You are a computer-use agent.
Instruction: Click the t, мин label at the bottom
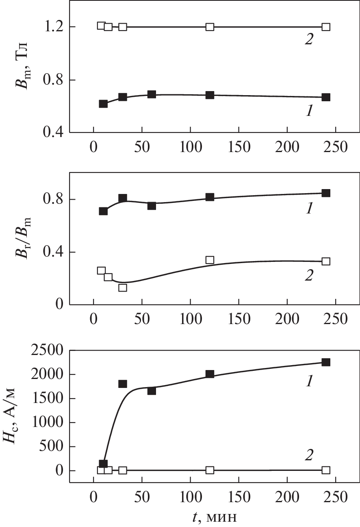click(215, 516)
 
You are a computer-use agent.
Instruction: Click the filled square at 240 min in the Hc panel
click(326, 362)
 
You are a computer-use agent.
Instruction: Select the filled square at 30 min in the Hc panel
click(123, 384)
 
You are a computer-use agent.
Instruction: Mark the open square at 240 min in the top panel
click(326, 27)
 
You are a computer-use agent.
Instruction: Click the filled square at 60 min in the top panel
click(152, 94)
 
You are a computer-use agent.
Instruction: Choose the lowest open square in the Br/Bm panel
click(123, 287)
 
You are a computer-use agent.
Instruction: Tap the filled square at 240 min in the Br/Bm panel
click(326, 193)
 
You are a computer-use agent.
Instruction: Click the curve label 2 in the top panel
click(309, 39)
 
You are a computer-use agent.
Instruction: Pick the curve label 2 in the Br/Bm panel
click(309, 276)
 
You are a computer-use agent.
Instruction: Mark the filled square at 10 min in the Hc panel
click(103, 464)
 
